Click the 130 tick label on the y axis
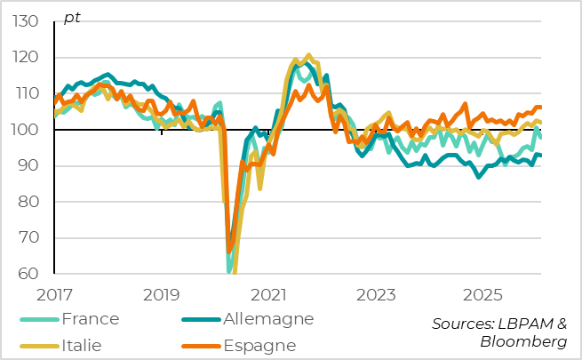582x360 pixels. point(27,21)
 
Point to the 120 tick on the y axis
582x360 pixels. point(27,58)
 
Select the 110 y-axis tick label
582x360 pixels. point(27,93)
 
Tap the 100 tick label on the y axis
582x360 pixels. point(27,130)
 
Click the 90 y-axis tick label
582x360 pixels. point(31,165)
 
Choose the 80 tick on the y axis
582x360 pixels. point(31,202)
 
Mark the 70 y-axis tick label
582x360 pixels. point(31,237)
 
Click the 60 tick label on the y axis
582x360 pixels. point(31,274)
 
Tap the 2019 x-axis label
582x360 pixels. point(162,293)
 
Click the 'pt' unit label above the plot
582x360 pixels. point(72,19)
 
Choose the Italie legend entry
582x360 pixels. point(82,345)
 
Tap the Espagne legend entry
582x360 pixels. point(259,345)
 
